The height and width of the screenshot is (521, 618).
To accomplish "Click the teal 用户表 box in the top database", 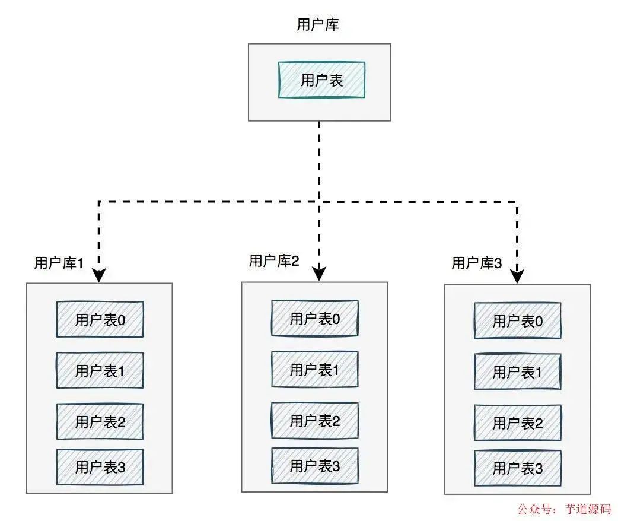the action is pos(321,80).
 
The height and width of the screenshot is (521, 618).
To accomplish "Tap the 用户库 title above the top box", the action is pos(318,24).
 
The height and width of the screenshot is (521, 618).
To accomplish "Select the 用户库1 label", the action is pos(59,263).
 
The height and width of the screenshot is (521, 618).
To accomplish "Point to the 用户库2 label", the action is pos(274,260).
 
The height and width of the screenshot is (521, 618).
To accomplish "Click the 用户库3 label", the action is pos(477,263).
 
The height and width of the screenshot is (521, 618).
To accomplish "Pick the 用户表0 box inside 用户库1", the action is pos(100,319).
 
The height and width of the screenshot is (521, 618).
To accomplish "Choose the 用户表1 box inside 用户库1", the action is pos(100,370).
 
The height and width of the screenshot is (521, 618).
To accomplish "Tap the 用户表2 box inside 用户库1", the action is pos(100,422).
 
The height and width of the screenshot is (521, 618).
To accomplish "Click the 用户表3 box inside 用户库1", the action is pos(100,467).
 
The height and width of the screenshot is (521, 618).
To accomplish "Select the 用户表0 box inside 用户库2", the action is pos(314,318).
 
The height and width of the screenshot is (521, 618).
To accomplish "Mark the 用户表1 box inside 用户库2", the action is pos(314,369).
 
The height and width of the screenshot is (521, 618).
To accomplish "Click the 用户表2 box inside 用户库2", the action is pos(314,421).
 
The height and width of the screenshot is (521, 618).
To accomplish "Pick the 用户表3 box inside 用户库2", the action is pos(314,466).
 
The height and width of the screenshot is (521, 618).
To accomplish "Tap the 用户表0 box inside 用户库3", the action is pos(518,320).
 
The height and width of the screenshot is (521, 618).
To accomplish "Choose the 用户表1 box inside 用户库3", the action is pos(518,371).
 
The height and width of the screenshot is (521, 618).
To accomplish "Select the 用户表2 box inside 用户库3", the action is pos(518,423).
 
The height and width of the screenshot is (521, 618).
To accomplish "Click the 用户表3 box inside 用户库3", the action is pos(518,468).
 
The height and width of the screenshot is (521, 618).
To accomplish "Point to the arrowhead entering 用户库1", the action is pos(99,275).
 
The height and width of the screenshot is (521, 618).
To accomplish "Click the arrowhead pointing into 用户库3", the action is pos(517,277).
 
